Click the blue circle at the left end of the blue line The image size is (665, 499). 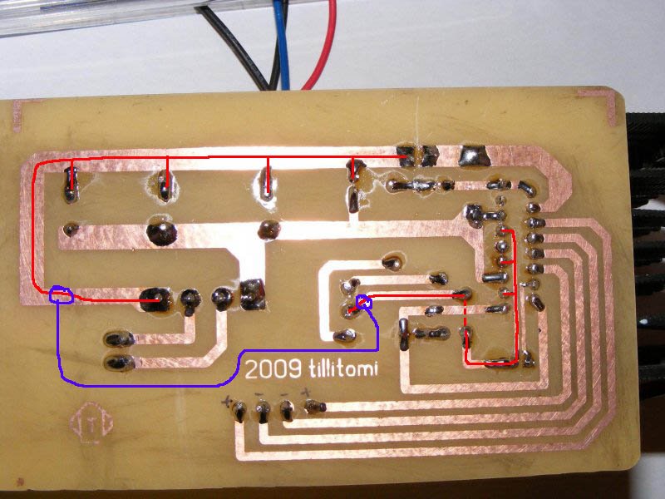61,294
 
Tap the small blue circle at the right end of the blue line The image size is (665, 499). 363,303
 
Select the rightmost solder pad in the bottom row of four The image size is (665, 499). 313,408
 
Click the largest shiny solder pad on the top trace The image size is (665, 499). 475,154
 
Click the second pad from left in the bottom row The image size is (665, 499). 263,410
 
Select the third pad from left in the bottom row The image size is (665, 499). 288,409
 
